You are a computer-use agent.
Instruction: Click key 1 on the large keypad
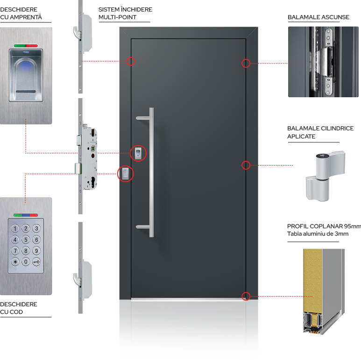[15, 229]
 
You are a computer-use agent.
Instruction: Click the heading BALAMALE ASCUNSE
[318, 17]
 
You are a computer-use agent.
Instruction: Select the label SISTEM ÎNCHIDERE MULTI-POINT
[125, 13]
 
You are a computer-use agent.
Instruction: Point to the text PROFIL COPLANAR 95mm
[324, 226]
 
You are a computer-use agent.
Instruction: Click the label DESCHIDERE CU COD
[19, 308]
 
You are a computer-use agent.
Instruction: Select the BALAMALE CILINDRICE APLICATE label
[320, 132]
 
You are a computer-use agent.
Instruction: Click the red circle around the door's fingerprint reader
[138, 153]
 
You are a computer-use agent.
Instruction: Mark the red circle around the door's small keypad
[126, 174]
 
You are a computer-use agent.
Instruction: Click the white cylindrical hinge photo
[325, 177]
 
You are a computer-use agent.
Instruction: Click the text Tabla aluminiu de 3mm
[318, 234]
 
